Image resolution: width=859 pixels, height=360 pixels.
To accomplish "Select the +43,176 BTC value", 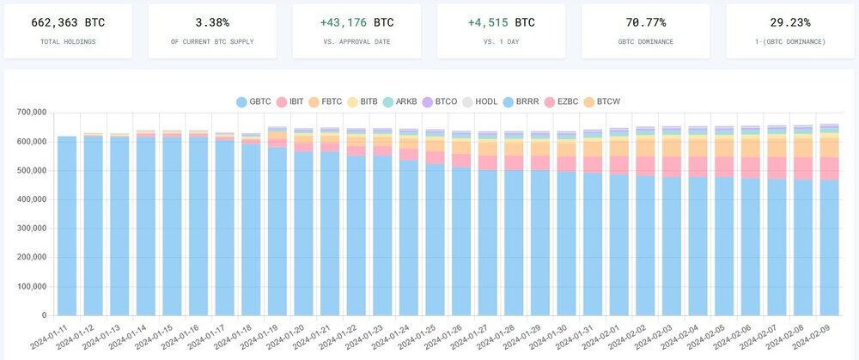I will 356,22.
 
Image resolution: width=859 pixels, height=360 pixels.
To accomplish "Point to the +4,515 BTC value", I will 500,22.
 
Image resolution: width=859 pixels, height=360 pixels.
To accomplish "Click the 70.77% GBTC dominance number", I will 645,22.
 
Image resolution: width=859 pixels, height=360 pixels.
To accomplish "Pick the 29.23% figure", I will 789,22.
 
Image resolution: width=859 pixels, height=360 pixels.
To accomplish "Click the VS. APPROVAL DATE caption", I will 356,41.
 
